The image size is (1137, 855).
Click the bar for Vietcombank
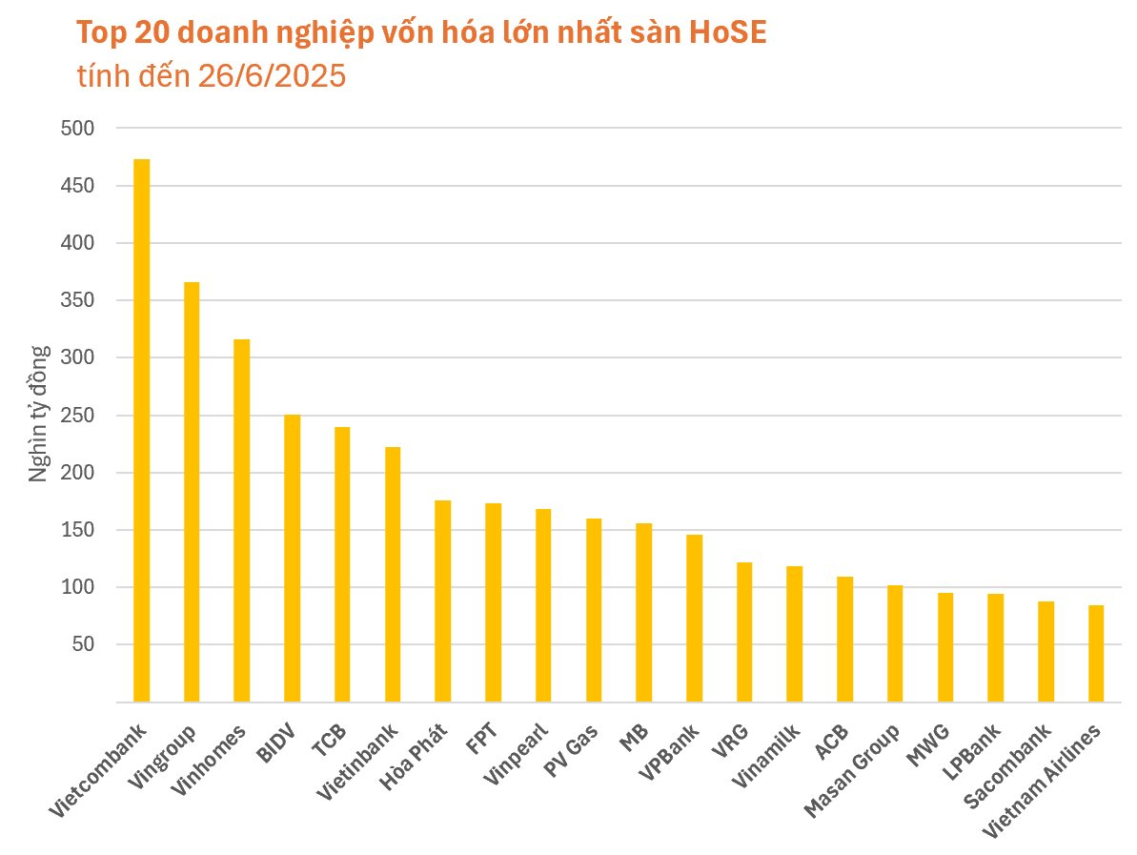[141, 431]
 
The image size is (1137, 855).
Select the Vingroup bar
[192, 492]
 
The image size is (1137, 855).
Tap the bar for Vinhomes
[242, 520]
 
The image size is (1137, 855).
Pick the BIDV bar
[292, 559]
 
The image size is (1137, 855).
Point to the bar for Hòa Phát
[442, 601]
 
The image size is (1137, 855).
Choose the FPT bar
[493, 602]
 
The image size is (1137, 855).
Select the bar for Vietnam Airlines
[1096, 654]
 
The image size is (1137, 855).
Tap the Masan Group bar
[895, 643]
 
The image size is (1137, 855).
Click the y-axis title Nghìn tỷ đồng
[39, 414]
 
